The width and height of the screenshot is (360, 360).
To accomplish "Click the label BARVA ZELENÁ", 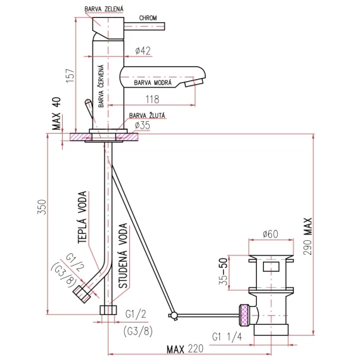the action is point(104,9).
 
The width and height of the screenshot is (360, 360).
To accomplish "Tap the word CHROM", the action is point(148,18).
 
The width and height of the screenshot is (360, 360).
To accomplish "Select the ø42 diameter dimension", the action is point(143,51).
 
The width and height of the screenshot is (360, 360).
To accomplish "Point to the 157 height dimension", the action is point(70,75).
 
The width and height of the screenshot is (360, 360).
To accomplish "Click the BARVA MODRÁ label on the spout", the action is point(153,82).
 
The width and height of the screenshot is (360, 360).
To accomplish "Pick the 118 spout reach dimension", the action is point(152,100).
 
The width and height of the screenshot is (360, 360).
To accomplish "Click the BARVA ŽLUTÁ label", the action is point(147,115).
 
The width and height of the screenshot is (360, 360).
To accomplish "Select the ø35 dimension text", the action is point(142,125).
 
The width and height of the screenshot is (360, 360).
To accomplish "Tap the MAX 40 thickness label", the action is point(56,113).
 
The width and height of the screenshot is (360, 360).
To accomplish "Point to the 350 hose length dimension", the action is point(42,207).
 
